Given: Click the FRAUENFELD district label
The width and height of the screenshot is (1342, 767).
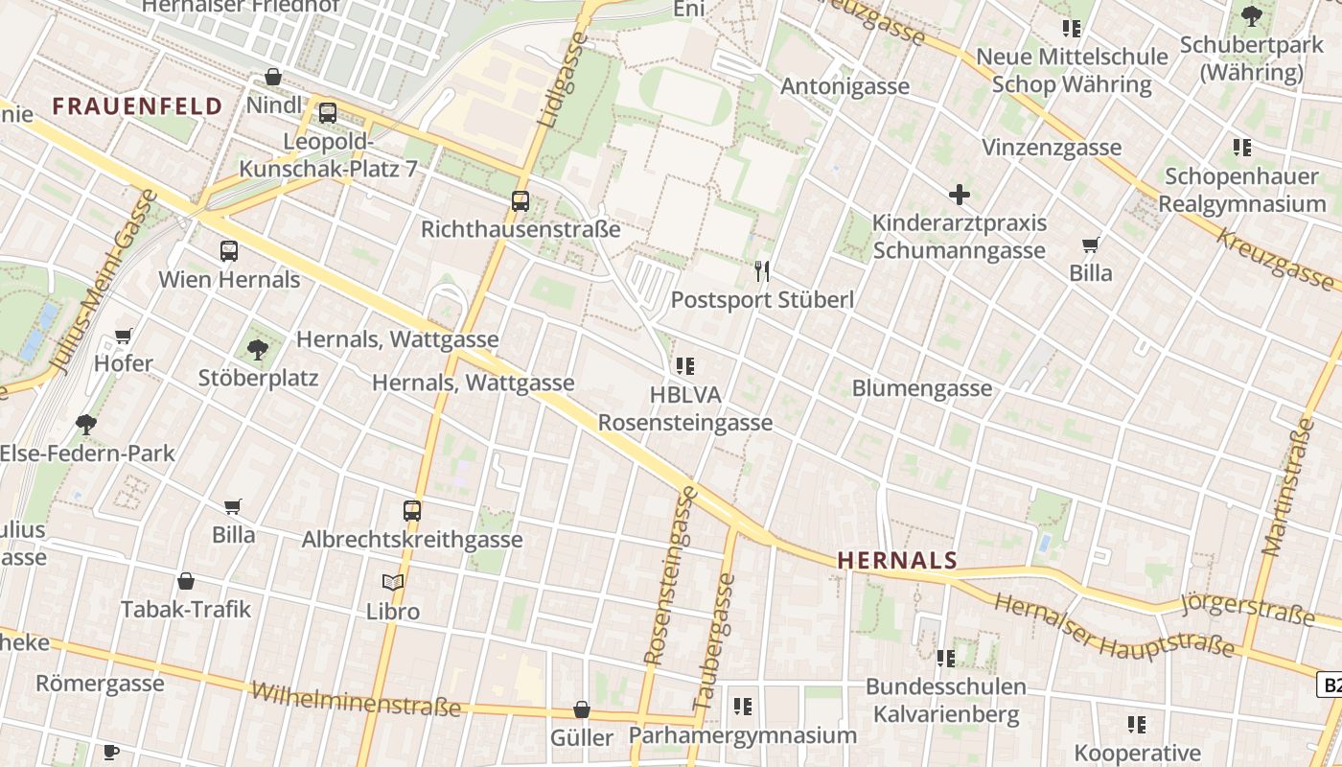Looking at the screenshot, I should [137, 106].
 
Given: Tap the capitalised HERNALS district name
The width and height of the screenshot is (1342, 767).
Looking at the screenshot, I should [897, 561].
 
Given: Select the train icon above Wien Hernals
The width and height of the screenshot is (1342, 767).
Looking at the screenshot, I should [228, 251].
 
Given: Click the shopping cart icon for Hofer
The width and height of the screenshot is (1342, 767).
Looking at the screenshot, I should [123, 336].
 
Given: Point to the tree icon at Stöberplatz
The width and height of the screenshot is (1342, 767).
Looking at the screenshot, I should [257, 349].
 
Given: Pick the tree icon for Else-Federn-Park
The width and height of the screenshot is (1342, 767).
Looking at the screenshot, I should [86, 425].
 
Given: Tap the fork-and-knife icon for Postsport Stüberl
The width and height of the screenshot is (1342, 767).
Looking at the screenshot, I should [762, 271].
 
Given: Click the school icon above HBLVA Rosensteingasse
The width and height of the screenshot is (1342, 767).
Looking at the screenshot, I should [684, 365].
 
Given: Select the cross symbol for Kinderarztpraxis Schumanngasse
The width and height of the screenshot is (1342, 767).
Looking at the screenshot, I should [959, 195].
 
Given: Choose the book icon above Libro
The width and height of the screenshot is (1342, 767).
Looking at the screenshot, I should [393, 582].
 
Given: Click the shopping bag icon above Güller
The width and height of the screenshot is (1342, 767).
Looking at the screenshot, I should [581, 709].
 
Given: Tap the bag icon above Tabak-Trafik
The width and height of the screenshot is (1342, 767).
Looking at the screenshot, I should [186, 581].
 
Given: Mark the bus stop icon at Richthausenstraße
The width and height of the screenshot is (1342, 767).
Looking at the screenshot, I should [520, 201].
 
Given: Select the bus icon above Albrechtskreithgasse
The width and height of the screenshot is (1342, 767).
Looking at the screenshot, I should [412, 511].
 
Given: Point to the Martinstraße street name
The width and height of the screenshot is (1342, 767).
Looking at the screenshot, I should [1286, 486].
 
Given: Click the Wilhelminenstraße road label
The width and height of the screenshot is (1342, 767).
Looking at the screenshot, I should [356, 700].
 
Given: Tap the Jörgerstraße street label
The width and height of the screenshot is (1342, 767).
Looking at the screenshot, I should [1246, 609].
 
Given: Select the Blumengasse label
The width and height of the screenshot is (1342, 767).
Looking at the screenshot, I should [921, 388].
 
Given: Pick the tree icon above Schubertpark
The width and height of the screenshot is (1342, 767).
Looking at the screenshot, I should [1251, 16].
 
